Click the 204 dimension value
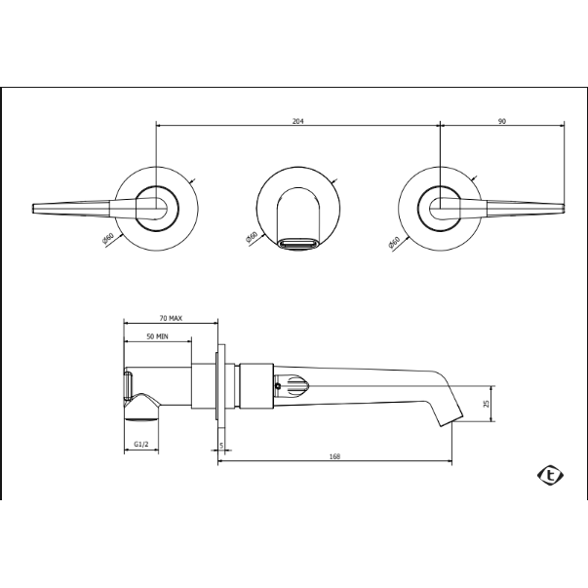pos(297,121)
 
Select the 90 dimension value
pos(502,121)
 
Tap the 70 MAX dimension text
pos(171,318)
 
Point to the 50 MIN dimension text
pos(157,336)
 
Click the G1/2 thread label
pos(141,445)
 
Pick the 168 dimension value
pos(334,456)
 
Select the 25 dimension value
pos(487,404)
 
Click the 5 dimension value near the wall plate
pos(221,446)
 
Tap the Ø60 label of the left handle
pos(107,239)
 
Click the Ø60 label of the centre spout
pos(252,238)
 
